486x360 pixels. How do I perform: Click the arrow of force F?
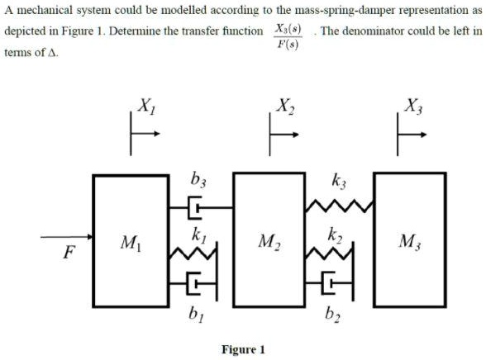(x=66, y=238)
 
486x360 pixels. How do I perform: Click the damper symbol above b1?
(x=195, y=285)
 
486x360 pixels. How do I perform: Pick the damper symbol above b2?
(x=336, y=285)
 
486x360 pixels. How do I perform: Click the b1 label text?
(x=194, y=312)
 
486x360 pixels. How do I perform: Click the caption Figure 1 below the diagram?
(x=243, y=349)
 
